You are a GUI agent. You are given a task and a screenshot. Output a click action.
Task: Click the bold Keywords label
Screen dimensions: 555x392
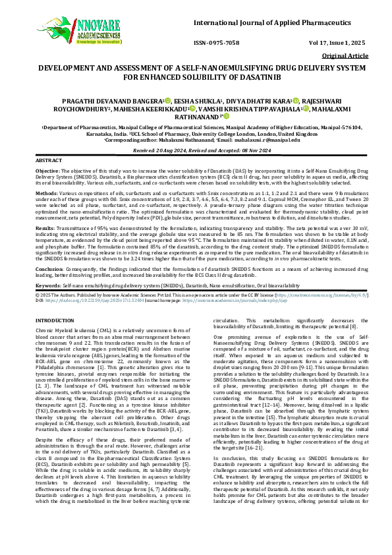[x=48, y=285]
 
